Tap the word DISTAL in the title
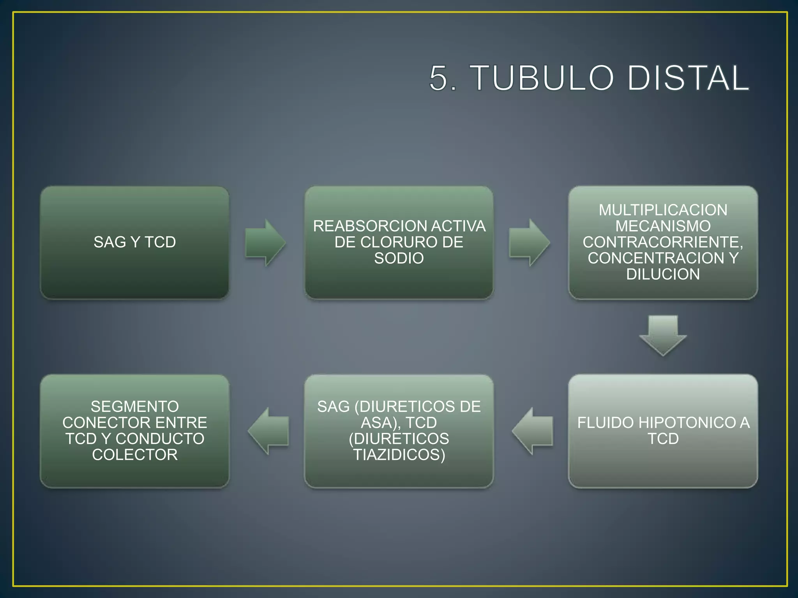(688, 78)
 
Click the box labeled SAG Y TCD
(134, 242)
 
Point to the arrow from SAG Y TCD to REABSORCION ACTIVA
(265, 243)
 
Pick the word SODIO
(399, 258)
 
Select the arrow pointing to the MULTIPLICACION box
(529, 243)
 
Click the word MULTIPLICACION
(663, 210)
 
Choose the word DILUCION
(663, 274)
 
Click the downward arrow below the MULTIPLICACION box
(663, 335)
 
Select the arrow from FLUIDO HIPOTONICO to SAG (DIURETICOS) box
(533, 431)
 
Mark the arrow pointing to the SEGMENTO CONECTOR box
(268, 431)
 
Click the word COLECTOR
(135, 455)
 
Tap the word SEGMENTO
(135, 407)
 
